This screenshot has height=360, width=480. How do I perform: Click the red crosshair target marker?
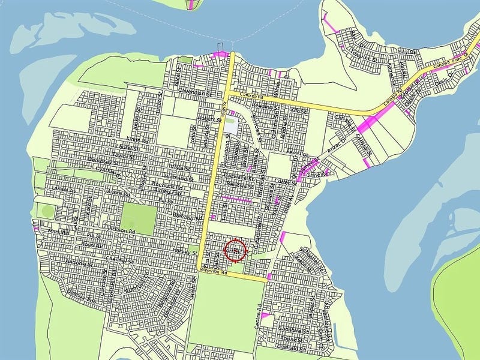tap(235, 251)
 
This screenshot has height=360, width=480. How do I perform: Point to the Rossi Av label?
tap(93, 245)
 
